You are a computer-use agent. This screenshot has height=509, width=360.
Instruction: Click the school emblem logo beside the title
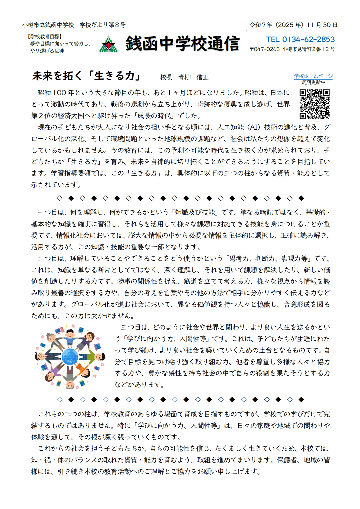tap(108, 44)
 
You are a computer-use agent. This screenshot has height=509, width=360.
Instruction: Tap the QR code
tap(315, 104)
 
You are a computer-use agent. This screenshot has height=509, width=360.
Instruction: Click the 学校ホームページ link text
tap(313, 76)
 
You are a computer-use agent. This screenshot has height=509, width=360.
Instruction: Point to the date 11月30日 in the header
tap(322, 25)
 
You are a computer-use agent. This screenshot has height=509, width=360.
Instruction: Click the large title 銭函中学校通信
tap(183, 44)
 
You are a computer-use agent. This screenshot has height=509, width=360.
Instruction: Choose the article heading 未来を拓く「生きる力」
tap(86, 76)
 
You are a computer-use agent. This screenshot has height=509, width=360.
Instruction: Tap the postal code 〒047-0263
tap(264, 49)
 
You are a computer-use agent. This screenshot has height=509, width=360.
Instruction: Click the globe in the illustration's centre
tap(70, 357)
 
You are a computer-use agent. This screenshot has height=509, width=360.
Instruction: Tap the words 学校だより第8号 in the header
tap(103, 25)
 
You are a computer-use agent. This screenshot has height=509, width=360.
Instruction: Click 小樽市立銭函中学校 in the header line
tap(48, 25)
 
